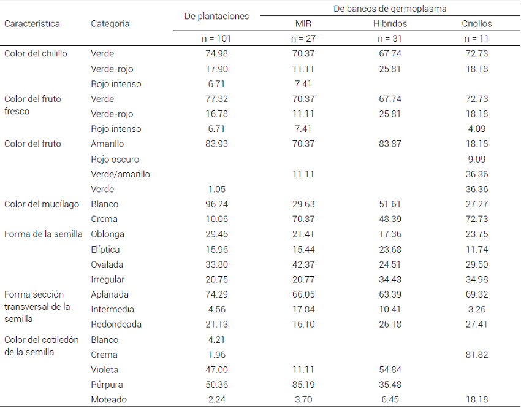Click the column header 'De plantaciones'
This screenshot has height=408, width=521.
click(216, 17)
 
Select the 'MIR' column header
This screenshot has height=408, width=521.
click(303, 24)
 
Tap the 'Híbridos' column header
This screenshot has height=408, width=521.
click(390, 24)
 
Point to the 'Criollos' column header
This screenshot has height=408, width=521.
click(476, 24)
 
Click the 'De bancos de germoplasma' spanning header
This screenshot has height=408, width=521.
click(390, 9)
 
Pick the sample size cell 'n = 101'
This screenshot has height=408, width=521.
click(216, 39)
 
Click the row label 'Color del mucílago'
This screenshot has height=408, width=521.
click(42, 204)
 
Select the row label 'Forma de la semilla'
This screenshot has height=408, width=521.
click(44, 234)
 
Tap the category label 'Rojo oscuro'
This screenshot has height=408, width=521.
click(115, 160)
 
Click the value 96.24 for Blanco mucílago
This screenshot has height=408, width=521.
click(216, 204)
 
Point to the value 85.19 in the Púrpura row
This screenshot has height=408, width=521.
click(303, 385)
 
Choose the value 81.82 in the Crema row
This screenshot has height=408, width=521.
click(476, 355)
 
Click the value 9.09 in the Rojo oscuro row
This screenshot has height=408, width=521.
click(476, 160)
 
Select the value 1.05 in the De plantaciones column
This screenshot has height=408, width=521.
click(216, 190)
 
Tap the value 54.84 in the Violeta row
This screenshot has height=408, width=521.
click(390, 370)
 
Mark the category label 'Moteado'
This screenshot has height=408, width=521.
click(108, 400)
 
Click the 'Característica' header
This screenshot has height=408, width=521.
click(32, 24)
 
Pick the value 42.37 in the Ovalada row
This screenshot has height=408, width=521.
click(303, 264)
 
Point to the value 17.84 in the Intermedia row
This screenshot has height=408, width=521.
click(303, 310)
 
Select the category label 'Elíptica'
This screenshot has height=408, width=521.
click(105, 250)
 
